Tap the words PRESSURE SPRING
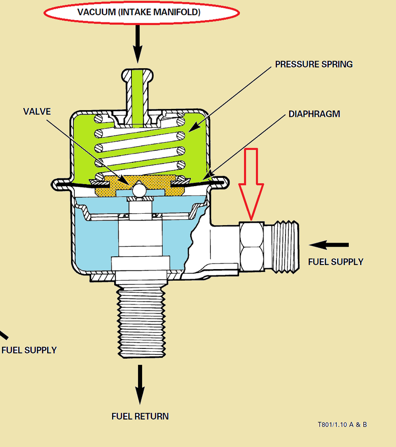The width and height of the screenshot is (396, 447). (313, 64)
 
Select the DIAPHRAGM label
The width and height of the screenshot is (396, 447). (314, 114)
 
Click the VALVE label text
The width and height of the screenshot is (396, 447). (37, 111)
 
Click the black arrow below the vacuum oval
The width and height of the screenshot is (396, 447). (137, 46)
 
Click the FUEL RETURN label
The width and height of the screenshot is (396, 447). (140, 416)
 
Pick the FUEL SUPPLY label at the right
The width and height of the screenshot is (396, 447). (335, 262)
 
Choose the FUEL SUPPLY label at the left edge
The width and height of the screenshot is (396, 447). (29, 350)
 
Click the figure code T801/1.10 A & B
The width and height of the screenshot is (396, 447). (342, 425)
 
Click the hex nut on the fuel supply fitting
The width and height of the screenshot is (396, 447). (251, 246)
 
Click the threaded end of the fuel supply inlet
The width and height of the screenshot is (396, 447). (285, 246)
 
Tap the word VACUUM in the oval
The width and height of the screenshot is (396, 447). (96, 12)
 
